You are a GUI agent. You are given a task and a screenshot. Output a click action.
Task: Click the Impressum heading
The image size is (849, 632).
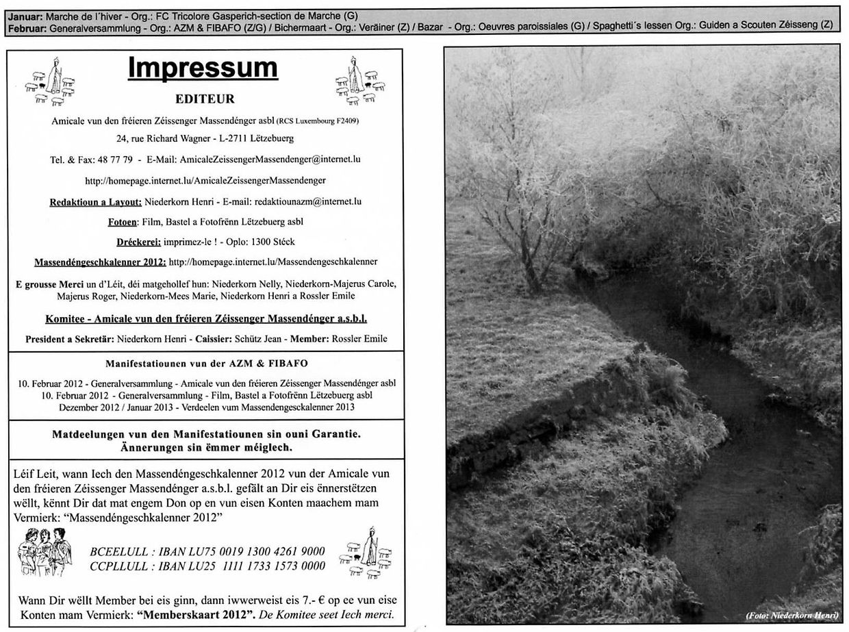pos(203,68)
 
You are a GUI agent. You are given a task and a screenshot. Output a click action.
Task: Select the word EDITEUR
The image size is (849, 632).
pos(205,99)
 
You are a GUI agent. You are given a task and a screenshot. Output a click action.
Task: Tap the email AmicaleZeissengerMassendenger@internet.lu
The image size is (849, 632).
pos(270,160)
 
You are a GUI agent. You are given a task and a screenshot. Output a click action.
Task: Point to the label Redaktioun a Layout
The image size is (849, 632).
pos(95,202)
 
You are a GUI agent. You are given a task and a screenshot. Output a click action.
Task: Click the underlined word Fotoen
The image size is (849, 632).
pos(123,222)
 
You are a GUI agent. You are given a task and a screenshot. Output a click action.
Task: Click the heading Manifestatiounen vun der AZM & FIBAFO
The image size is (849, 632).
pos(205,363)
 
